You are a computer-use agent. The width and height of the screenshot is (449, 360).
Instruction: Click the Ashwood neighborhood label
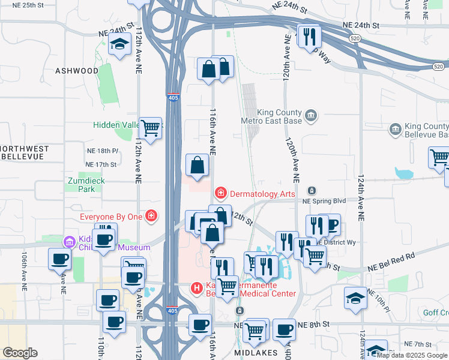click(76, 71)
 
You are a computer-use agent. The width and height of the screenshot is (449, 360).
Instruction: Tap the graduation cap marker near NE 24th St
click(120, 44)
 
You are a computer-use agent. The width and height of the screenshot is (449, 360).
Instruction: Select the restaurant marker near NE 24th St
click(310, 37)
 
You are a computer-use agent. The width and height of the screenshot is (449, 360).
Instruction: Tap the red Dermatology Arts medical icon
click(221, 193)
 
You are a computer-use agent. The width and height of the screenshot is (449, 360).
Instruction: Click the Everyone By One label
click(113, 216)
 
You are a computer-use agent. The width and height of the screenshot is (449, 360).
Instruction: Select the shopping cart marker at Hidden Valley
click(151, 127)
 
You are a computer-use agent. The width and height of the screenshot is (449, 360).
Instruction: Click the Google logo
click(20, 353)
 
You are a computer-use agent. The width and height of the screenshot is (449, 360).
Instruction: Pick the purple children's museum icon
click(70, 242)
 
